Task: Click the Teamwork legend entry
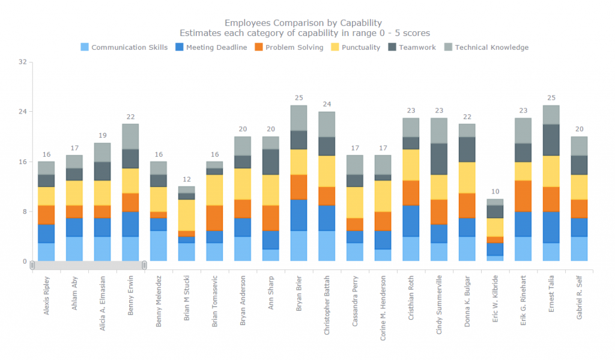click(x=417, y=47)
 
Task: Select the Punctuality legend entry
click(x=360, y=47)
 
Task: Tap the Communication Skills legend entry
click(x=129, y=47)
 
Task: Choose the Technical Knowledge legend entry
click(x=491, y=47)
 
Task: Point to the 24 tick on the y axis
click(x=22, y=112)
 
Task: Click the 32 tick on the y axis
click(x=22, y=62)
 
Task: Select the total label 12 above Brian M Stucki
click(x=186, y=179)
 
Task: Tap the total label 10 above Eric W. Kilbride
click(x=495, y=192)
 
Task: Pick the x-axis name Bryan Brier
click(x=298, y=294)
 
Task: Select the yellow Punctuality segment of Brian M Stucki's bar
click(x=186, y=215)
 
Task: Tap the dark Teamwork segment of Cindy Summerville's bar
click(x=439, y=159)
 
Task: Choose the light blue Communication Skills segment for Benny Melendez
click(x=159, y=246)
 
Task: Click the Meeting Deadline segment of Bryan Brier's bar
click(x=298, y=215)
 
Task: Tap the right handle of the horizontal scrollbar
click(x=144, y=265)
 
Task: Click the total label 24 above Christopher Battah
click(x=327, y=104)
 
